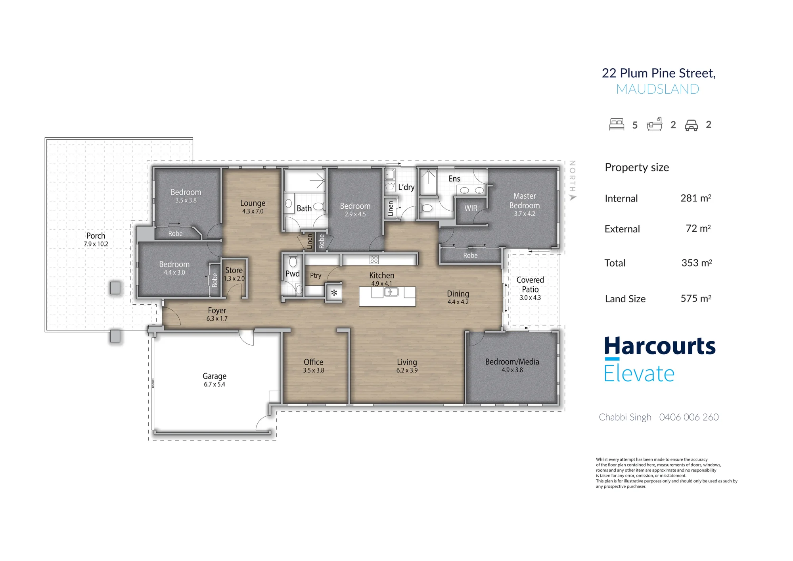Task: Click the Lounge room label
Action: click(253, 203)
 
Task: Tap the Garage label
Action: click(215, 376)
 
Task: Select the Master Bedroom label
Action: click(525, 201)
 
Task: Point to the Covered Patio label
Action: click(530, 284)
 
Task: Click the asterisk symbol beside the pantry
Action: click(334, 293)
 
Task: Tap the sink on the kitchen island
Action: click(391, 292)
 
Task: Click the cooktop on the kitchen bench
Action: click(374, 260)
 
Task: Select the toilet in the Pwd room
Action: click(293, 261)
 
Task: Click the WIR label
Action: click(471, 208)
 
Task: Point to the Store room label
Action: click(234, 270)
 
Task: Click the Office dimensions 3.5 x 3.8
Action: click(314, 370)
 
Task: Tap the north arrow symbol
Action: click(572, 197)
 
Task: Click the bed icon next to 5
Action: click(617, 124)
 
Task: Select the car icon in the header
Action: click(691, 125)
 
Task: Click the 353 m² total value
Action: click(697, 263)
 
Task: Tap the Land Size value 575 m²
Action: click(696, 298)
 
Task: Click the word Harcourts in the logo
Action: click(660, 346)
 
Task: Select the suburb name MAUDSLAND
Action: click(658, 89)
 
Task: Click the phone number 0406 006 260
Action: click(689, 417)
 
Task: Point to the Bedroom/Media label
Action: click(512, 362)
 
